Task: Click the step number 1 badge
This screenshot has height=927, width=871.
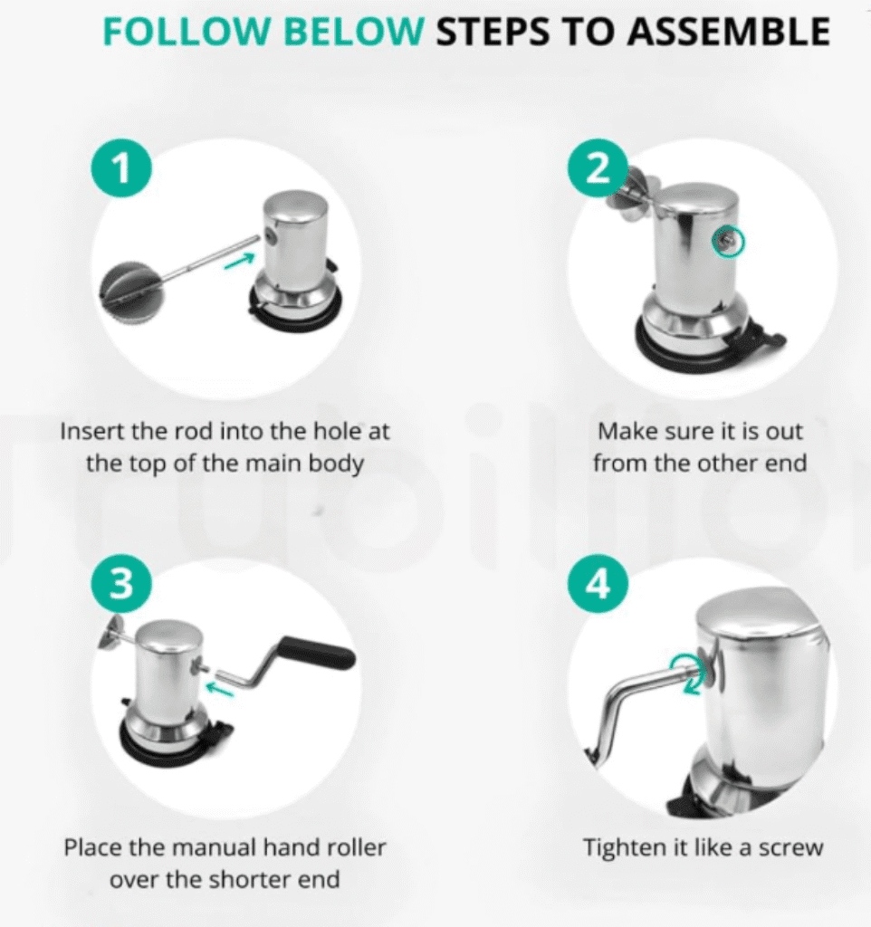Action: pyautogui.click(x=121, y=167)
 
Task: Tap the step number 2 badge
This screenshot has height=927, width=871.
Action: pyautogui.click(x=598, y=167)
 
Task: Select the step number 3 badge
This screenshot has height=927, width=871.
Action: pyautogui.click(x=121, y=584)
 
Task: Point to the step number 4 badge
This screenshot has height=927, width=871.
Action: pyautogui.click(x=598, y=584)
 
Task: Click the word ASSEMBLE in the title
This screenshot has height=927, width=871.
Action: pyautogui.click(x=728, y=32)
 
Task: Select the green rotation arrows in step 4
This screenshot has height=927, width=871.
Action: pyautogui.click(x=689, y=673)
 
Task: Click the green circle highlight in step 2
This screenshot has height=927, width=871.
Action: pyautogui.click(x=728, y=242)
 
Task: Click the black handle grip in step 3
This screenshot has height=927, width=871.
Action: pyautogui.click(x=317, y=652)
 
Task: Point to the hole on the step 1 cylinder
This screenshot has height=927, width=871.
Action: pyautogui.click(x=271, y=235)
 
